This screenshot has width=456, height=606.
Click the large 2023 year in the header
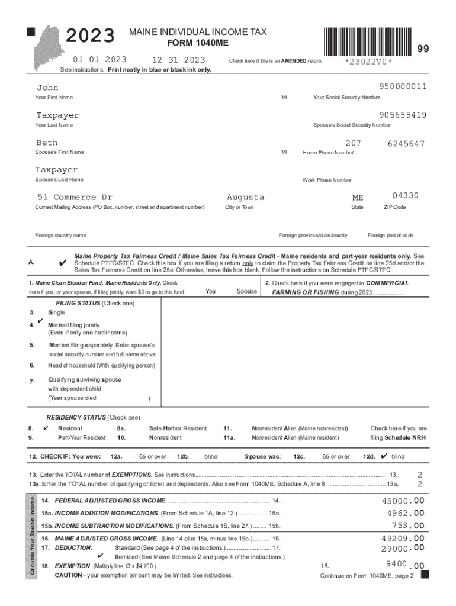90,37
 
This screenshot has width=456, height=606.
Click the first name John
47,87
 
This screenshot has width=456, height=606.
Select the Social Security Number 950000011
399,87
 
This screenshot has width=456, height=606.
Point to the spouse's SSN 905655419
399,115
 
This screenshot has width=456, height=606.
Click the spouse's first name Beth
47,143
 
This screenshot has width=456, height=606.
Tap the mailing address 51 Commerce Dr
74,197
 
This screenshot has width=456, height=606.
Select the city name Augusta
245,197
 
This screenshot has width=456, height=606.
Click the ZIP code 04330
405,196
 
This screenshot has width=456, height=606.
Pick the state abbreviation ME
358,198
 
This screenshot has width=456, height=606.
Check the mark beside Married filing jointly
39,321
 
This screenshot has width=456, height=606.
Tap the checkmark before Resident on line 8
46,427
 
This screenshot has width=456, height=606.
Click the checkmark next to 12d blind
384,456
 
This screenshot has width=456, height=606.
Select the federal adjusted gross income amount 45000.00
403,501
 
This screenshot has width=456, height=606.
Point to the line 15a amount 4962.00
405,513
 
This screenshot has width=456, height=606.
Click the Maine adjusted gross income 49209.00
403,539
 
